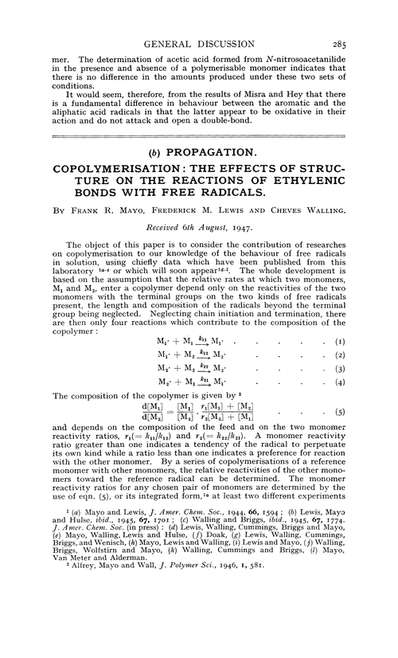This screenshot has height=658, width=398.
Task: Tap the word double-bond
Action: coord(248,135)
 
